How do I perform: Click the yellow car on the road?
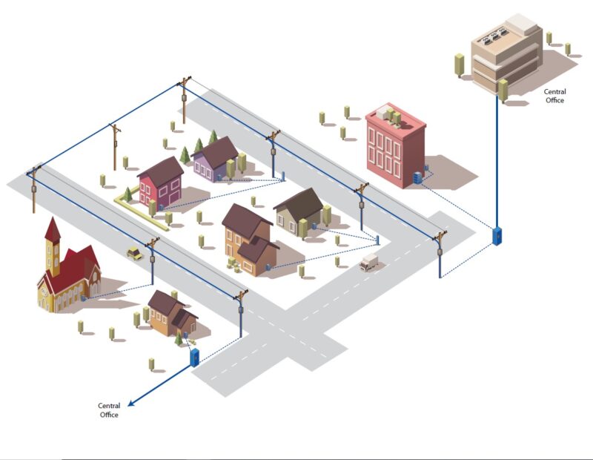(134, 253)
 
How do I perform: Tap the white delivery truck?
(369, 262)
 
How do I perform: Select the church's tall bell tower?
(53, 245)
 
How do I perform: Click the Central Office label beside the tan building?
(554, 96)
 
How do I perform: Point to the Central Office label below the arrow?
(109, 410)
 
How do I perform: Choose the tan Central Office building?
(505, 56)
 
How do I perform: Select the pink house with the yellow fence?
(162, 183)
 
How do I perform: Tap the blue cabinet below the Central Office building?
(497, 235)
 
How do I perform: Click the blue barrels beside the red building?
(419, 177)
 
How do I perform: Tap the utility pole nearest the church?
(152, 260)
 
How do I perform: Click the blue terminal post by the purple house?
(282, 177)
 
